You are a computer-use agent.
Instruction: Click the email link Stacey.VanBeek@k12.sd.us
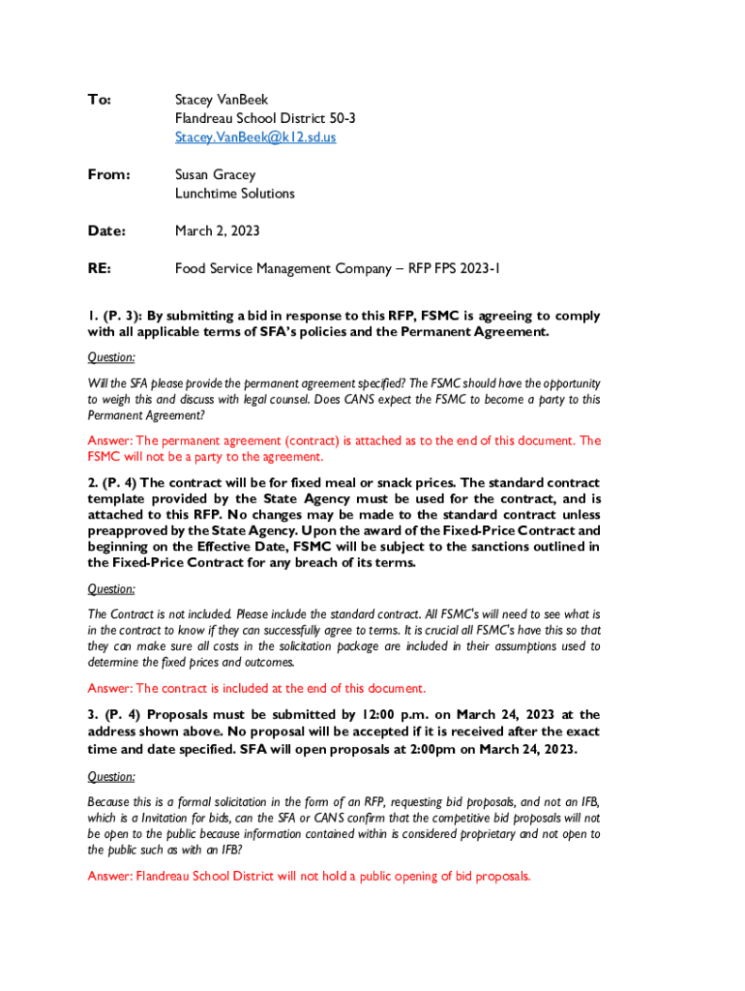pyautogui.click(x=255, y=137)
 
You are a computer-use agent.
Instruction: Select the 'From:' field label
pyautogui.click(x=108, y=175)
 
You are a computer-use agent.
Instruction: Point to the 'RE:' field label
pyautogui.click(x=99, y=269)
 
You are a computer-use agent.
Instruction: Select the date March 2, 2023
pyautogui.click(x=217, y=231)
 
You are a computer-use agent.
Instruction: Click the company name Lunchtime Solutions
pyautogui.click(x=234, y=194)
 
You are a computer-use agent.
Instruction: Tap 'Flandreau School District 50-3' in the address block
pyautogui.click(x=265, y=118)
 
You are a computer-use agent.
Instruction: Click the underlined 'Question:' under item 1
pyautogui.click(x=111, y=357)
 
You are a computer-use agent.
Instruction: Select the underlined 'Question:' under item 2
pyautogui.click(x=111, y=588)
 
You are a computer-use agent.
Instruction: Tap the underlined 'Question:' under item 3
pyautogui.click(x=111, y=776)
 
